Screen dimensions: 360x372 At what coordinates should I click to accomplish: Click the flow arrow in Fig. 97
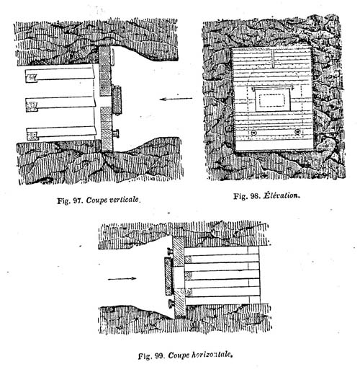click(x=176, y=99)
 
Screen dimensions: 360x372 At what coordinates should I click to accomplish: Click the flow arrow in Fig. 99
click(x=122, y=278)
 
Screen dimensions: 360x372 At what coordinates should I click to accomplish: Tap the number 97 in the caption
click(x=78, y=200)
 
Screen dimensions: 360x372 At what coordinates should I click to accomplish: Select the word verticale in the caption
click(x=124, y=200)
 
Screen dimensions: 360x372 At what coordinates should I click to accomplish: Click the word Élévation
click(x=282, y=195)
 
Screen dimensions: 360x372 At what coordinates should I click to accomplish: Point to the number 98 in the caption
click(x=256, y=196)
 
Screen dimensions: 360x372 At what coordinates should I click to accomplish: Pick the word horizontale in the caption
click(x=212, y=355)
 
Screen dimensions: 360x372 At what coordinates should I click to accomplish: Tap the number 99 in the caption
click(x=159, y=356)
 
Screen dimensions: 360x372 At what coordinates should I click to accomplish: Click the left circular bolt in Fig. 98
click(x=253, y=133)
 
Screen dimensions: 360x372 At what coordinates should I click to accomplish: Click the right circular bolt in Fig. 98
click(x=297, y=131)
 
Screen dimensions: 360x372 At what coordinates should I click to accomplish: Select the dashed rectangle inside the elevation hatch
click(x=272, y=100)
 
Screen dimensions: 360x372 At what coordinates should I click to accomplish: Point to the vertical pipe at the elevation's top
click(x=274, y=58)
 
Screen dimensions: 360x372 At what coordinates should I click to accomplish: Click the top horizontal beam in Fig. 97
click(x=60, y=75)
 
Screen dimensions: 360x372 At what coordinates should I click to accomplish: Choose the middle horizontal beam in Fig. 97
click(x=60, y=104)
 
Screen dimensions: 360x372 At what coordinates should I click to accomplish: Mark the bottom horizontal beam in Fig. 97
click(x=61, y=133)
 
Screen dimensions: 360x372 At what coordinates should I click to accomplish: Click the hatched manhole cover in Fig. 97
click(x=117, y=100)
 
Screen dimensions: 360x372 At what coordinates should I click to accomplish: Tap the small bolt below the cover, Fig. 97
click(x=116, y=133)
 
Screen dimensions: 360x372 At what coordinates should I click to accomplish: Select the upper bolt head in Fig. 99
click(x=170, y=252)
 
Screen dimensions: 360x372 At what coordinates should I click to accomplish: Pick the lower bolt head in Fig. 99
click(x=171, y=304)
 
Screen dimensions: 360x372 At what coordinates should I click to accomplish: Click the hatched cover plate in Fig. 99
click(x=168, y=276)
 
